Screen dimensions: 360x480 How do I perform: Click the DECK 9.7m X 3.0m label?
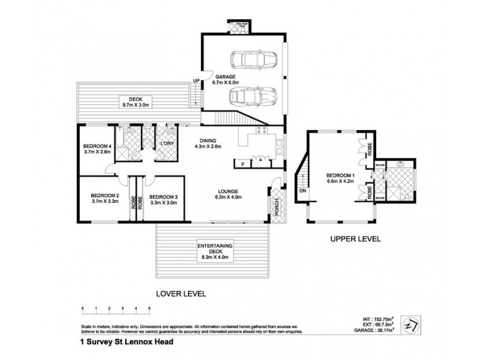[130, 103]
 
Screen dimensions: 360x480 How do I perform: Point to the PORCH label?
[276, 208]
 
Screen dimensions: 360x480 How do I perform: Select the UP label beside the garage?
[196, 82]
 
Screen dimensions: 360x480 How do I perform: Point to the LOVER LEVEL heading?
[181, 294]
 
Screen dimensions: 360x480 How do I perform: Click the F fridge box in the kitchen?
[242, 163]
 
